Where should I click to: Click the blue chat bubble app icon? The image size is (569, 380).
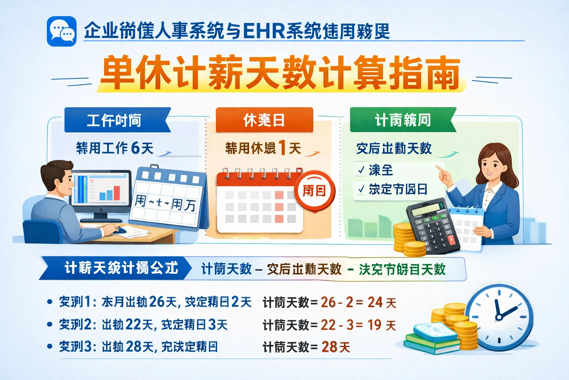tap(62, 32)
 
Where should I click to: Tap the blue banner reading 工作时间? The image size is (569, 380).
tap(115, 120)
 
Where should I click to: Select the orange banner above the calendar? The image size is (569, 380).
tap(264, 120)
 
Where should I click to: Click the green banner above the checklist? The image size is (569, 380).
tap(402, 120)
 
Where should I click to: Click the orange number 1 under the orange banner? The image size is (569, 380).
tap(282, 148)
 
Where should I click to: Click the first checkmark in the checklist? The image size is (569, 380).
tap(361, 170)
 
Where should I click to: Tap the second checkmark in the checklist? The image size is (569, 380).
tap(361, 190)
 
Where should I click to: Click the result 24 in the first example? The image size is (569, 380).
tap(375, 302)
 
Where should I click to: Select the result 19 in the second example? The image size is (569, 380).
tap(374, 325)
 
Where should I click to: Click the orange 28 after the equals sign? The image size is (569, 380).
tap(329, 347)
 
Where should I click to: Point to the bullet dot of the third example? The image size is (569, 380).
tap(50, 347)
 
